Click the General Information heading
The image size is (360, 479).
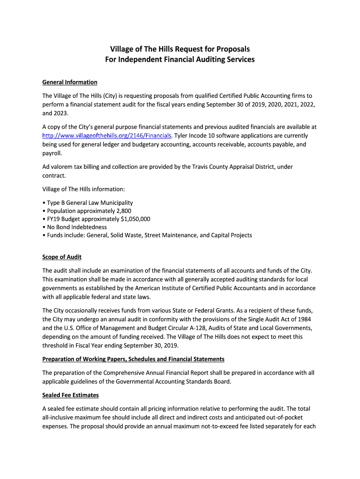click(x=70, y=82)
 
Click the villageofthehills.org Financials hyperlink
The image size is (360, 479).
click(x=107, y=136)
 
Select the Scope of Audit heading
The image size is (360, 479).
click(x=62, y=257)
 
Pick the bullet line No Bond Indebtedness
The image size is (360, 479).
click(x=77, y=227)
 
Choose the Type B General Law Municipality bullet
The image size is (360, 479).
click(x=89, y=203)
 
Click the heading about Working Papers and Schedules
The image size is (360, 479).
click(x=133, y=359)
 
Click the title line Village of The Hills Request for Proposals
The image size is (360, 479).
click(x=180, y=49)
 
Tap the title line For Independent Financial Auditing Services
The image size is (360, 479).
click(x=180, y=59)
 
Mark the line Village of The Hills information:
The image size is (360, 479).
click(x=84, y=189)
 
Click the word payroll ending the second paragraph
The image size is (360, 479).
click(x=51, y=153)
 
